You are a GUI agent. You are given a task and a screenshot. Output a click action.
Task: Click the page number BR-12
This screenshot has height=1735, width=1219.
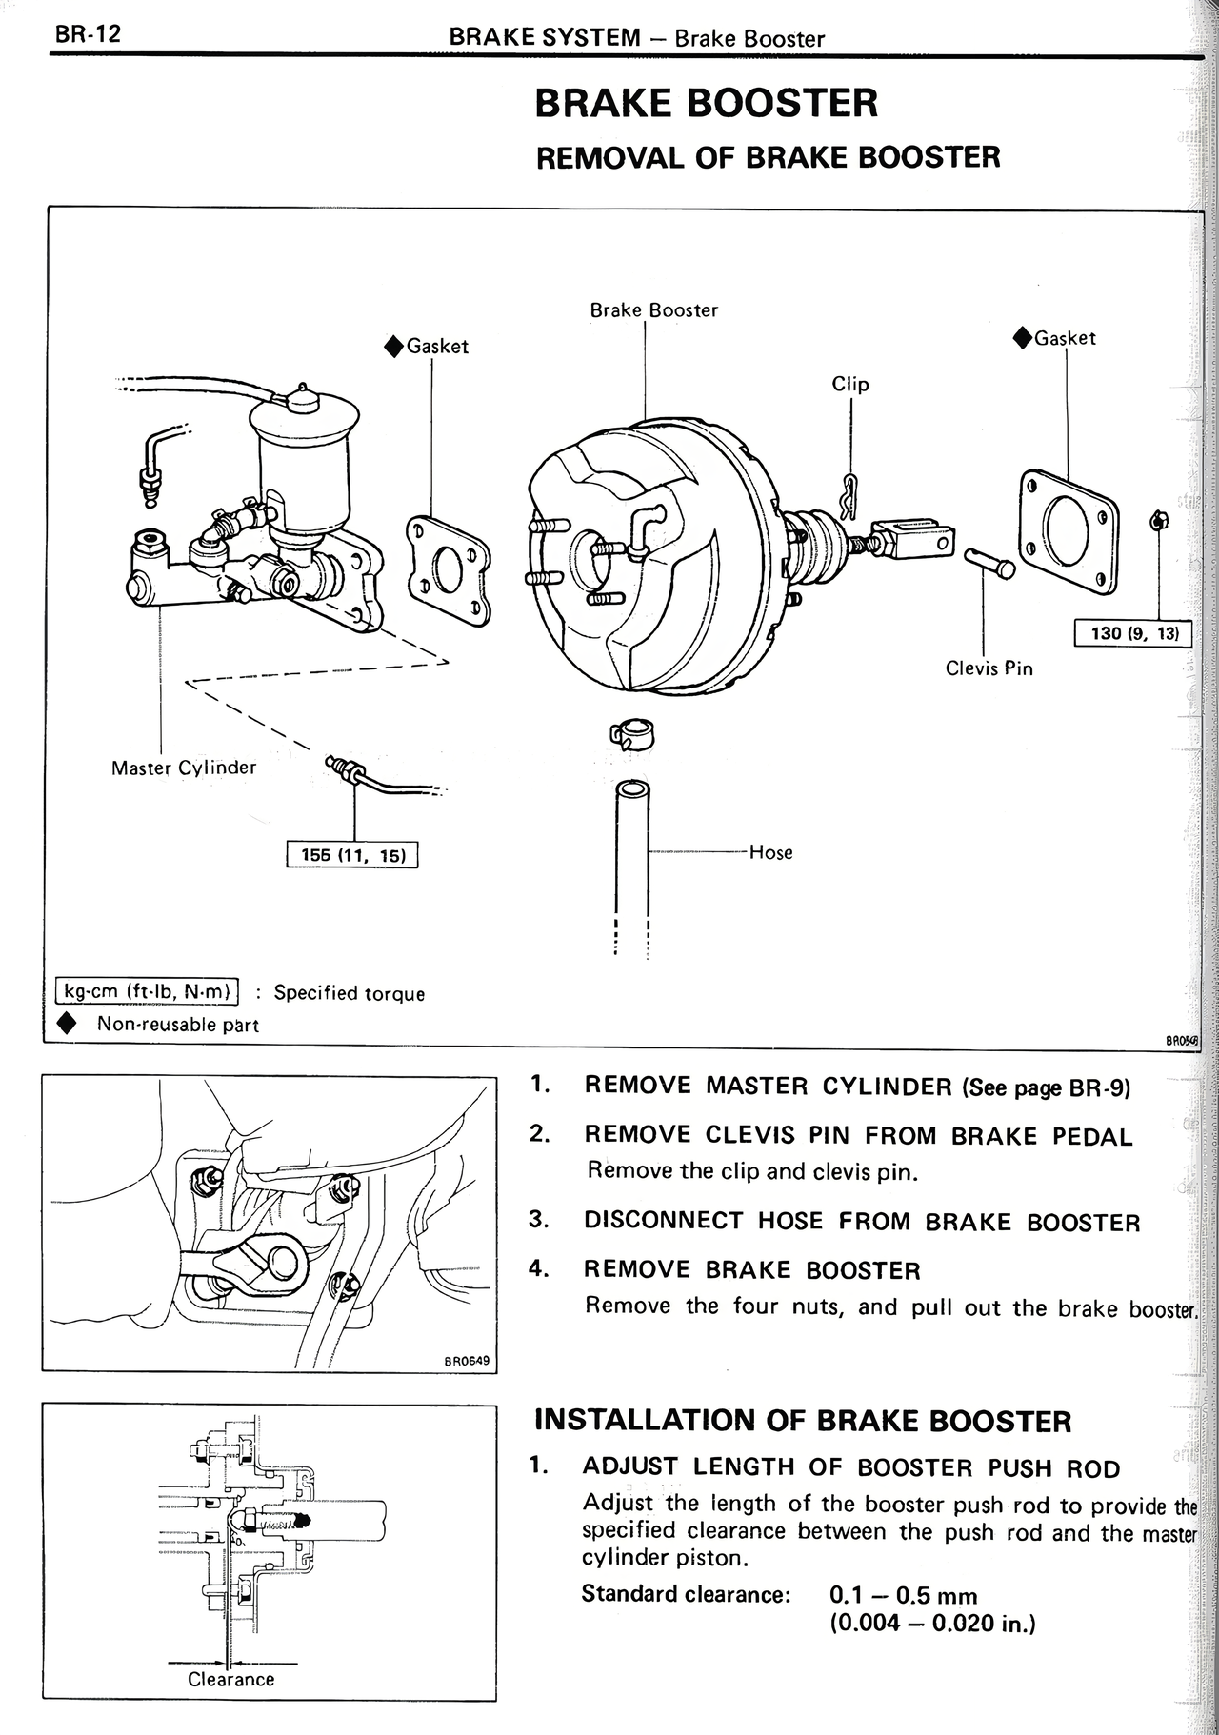click(88, 35)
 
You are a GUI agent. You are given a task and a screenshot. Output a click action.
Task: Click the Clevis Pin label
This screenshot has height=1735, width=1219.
click(989, 668)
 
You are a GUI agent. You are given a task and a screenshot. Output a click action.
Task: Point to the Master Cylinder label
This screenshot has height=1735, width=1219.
click(184, 768)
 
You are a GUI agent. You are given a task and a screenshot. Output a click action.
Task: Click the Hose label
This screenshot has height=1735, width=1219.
click(770, 852)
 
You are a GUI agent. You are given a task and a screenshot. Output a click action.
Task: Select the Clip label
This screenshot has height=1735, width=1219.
click(850, 384)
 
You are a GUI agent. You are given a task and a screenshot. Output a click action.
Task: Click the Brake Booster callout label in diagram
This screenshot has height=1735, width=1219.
click(653, 310)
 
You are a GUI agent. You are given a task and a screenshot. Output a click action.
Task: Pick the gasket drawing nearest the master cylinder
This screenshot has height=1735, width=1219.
click(448, 570)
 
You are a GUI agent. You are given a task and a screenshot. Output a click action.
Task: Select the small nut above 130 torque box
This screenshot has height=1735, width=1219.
click(1159, 520)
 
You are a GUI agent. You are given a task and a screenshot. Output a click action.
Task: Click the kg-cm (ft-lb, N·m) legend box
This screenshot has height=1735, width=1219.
click(148, 991)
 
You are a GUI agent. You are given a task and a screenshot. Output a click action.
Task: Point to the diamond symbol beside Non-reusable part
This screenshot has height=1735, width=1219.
click(67, 1024)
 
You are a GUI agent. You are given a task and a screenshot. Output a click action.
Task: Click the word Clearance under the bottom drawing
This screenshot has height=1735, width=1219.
click(230, 1679)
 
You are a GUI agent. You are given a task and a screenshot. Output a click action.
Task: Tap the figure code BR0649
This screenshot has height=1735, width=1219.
click(467, 1361)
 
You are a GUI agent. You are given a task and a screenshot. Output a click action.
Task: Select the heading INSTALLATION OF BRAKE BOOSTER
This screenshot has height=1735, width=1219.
click(802, 1421)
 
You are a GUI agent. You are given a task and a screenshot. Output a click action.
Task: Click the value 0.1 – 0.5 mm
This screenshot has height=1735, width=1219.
click(903, 1595)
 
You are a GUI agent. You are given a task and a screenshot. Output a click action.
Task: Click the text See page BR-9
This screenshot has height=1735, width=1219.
click(1046, 1087)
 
